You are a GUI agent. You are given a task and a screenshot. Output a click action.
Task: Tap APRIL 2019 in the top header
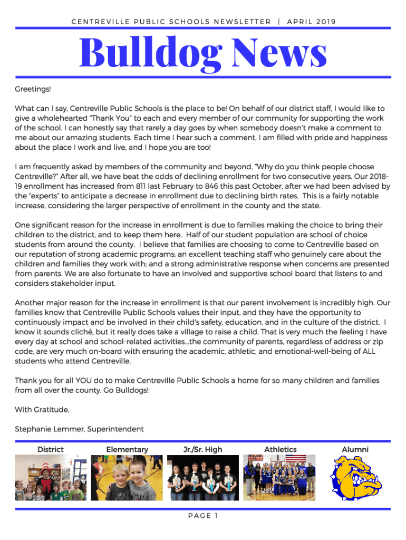(311, 22)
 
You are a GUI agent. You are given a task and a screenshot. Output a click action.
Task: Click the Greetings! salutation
(33, 90)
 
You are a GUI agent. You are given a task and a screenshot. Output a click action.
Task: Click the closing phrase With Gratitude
(42, 410)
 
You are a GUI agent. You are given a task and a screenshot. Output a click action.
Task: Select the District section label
(51, 449)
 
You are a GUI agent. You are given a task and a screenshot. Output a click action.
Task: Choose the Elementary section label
(127, 449)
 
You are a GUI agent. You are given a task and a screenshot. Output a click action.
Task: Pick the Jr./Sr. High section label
(202, 449)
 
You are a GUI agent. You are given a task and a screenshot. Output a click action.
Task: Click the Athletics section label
(280, 449)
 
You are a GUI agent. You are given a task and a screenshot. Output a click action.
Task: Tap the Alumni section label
(355, 449)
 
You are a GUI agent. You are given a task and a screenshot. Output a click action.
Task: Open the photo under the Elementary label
(127, 477)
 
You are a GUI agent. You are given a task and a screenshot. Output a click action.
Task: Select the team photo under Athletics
(279, 477)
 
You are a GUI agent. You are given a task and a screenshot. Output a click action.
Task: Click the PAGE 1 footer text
(202, 516)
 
